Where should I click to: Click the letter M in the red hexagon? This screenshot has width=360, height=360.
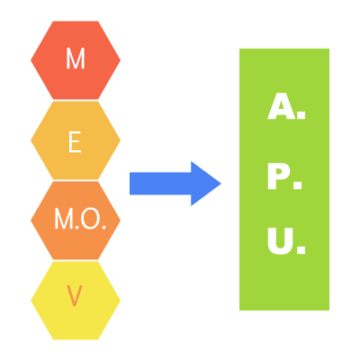[x=76, y=58]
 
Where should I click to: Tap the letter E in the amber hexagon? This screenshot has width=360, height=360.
[x=75, y=142]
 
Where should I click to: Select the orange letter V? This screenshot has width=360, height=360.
[x=74, y=296]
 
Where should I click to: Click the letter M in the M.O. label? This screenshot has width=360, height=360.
[x=64, y=220]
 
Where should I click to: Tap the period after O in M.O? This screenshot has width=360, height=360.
[x=104, y=228]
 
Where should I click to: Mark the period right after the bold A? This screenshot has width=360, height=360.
[x=301, y=115]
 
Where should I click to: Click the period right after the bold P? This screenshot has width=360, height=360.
[x=298, y=185]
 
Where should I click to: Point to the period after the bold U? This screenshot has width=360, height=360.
[x=301, y=250]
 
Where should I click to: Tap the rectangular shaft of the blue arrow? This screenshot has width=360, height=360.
[x=160, y=184]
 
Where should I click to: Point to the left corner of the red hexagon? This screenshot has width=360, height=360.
[x=31, y=60]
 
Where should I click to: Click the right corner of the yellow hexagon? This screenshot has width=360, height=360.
[x=121, y=301]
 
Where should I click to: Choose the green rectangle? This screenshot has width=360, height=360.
[x=284, y=179]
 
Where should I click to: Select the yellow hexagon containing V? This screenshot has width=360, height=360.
[x=76, y=301]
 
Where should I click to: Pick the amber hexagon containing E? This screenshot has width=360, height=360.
[x=76, y=140]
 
